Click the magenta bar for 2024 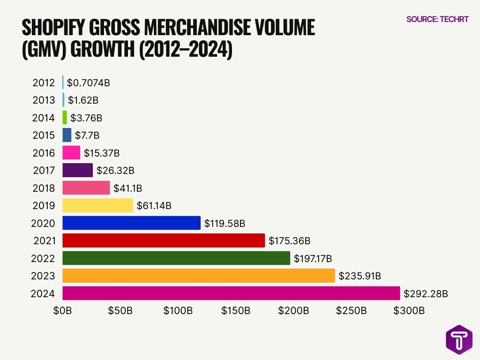[x=231, y=293]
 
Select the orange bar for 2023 [x=198, y=276]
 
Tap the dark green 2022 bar [x=176, y=258]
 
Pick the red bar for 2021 [x=163, y=240]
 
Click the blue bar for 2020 [x=131, y=223]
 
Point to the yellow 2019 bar [x=97, y=205]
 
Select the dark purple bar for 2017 [x=77, y=170]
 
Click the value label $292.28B [x=426, y=294]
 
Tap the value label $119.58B [x=225, y=224]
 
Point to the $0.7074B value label [x=89, y=83]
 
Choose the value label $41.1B [x=127, y=188]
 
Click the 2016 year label [x=44, y=153]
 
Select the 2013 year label [x=44, y=100]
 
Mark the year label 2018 [x=44, y=188]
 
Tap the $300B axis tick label [x=409, y=311]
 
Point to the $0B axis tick [x=62, y=311]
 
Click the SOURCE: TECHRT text [x=437, y=19]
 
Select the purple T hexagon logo [x=459, y=339]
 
